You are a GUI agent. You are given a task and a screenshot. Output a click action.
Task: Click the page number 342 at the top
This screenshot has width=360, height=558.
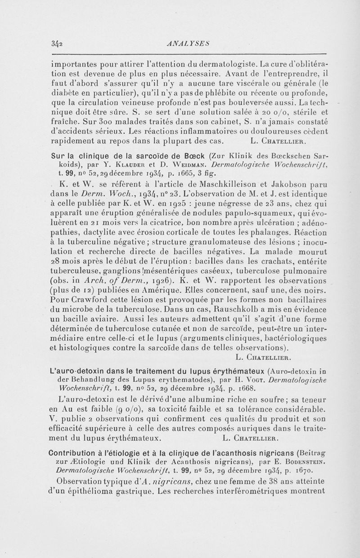(57, 43)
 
